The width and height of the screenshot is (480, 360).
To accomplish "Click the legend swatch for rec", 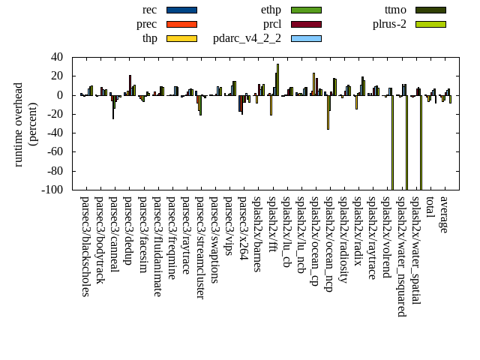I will coord(181,10).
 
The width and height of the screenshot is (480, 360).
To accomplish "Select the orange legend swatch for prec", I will coord(181,24).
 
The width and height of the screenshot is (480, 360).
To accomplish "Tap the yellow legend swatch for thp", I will coord(181,38).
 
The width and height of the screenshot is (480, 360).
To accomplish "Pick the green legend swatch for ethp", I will coord(306,10).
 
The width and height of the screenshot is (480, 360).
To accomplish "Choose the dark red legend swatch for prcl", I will coord(306,24).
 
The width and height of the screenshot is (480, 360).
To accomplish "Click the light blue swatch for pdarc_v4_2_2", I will coord(306,38).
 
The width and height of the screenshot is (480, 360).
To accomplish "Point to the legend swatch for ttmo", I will coord(430,10).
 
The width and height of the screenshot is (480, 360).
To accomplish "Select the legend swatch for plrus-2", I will coord(430,24).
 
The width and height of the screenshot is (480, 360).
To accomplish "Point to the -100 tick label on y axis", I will coord(51,190).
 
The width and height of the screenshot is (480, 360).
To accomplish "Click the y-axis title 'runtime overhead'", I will coord(19,124).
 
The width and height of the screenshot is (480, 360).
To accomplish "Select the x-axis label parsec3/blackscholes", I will coord(85,246).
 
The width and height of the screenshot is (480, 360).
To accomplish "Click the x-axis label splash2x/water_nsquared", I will coord(400,256).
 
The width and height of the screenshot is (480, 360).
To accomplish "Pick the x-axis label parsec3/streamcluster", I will coord(200,247).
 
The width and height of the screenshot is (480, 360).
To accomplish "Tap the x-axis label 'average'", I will coord(444,214).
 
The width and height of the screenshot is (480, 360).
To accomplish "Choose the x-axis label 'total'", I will coord(430,208).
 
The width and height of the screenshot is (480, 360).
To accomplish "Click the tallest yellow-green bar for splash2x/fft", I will coord(277,79).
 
